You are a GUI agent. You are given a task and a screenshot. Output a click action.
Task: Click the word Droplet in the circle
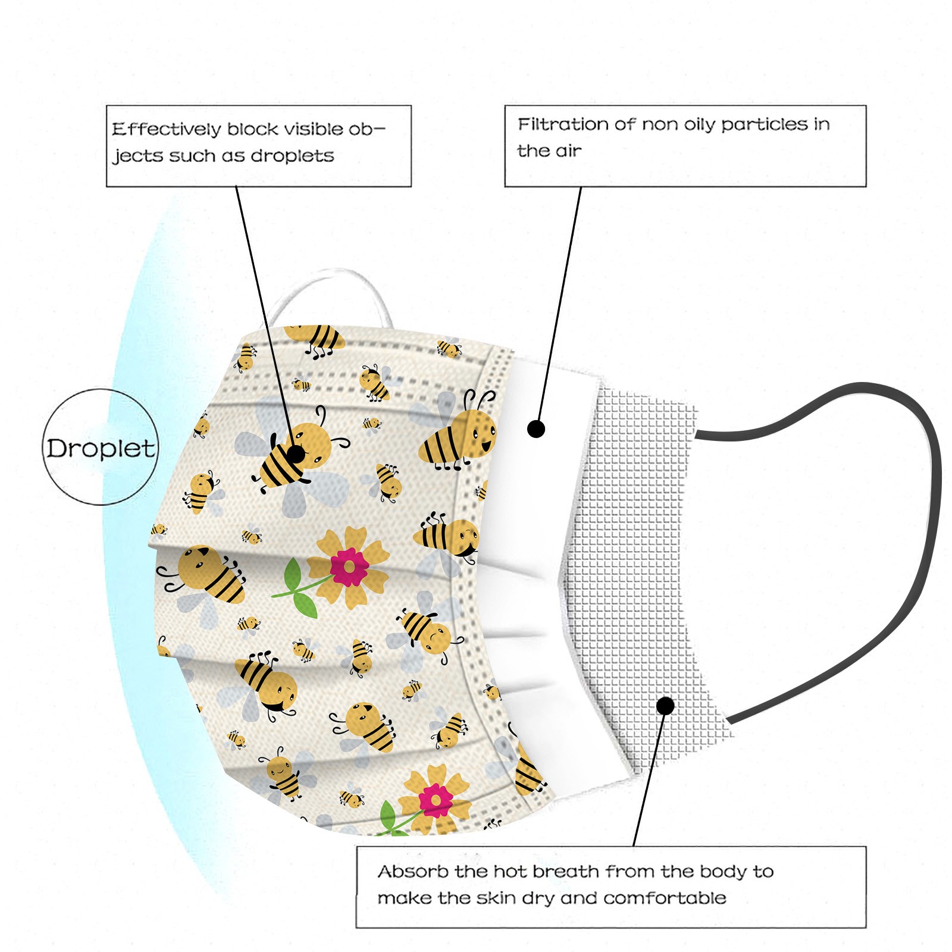tap(101, 448)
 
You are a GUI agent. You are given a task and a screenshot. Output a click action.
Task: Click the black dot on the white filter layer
tap(536, 428)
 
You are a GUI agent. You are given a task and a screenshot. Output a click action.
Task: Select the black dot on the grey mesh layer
tap(665, 706)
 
